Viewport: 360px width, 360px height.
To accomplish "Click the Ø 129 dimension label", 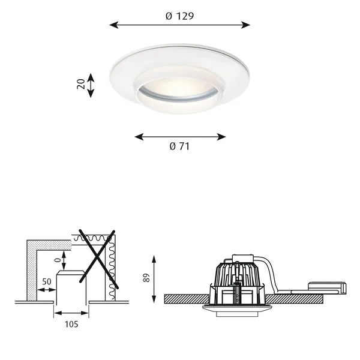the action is [179, 16].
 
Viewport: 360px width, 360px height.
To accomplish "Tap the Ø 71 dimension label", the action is [179, 146].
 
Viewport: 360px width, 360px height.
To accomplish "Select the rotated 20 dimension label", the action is [81, 84].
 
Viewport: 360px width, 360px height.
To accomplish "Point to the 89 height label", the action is [146, 278].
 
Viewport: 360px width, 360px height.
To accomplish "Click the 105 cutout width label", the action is [71, 325].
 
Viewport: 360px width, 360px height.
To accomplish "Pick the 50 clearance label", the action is [47, 282].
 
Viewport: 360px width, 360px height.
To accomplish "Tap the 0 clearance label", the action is [58, 260].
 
